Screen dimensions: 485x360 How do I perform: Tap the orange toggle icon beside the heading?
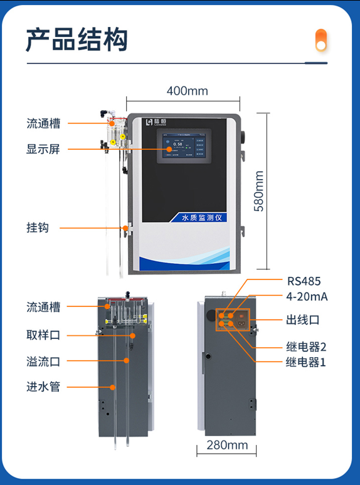click(321, 40)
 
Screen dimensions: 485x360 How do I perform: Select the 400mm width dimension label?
click(187, 91)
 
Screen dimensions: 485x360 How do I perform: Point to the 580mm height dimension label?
click(258, 191)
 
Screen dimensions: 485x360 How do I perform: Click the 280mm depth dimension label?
click(227, 446)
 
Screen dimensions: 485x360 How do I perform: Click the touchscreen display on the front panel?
click(183, 148)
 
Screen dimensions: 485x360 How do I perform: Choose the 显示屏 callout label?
click(43, 149)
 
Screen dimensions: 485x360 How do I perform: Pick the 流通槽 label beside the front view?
click(43, 123)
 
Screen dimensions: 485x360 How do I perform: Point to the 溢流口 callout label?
click(43, 361)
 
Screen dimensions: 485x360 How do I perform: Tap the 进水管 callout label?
click(43, 387)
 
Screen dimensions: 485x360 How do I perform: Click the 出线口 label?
click(303, 320)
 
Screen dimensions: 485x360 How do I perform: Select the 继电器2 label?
click(306, 346)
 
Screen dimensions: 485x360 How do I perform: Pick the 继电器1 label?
click(306, 362)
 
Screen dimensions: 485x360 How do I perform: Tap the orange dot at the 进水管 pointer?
click(112, 387)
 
